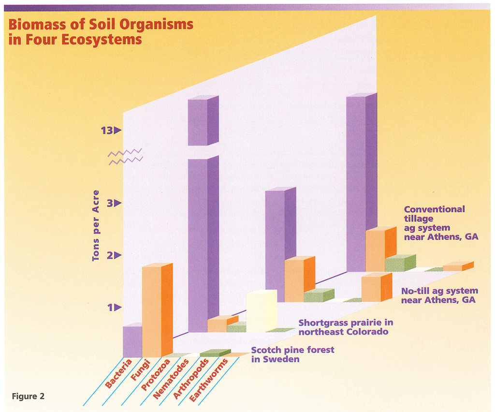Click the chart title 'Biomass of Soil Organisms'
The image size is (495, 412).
click(x=101, y=25)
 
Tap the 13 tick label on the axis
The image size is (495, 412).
click(x=107, y=130)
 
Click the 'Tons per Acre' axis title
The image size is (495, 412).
click(x=96, y=225)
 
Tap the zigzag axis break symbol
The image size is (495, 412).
click(x=125, y=157)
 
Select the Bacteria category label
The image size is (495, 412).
click(x=118, y=374)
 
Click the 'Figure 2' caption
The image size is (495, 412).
click(x=28, y=396)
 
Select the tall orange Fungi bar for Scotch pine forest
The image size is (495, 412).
click(x=152, y=312)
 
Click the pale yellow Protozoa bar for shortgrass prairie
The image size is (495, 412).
click(x=261, y=310)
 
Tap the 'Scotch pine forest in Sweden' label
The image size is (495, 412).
click(x=292, y=354)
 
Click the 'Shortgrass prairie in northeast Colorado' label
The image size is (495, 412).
click(x=345, y=327)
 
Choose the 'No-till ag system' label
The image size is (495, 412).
click(x=439, y=295)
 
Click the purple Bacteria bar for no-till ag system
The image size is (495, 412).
click(x=275, y=244)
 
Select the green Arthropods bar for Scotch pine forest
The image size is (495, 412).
click(x=215, y=353)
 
